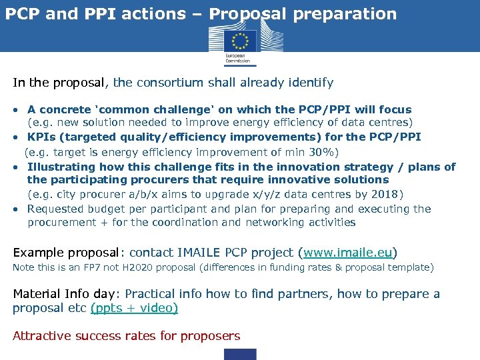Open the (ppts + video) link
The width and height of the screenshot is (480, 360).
coord(134,308)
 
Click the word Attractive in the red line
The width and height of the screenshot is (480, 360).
coord(41,336)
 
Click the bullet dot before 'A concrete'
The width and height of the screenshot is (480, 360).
coord(15,109)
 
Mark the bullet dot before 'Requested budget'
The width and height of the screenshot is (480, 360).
coord(15,209)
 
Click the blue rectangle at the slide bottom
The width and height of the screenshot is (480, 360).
coord(239,354)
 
